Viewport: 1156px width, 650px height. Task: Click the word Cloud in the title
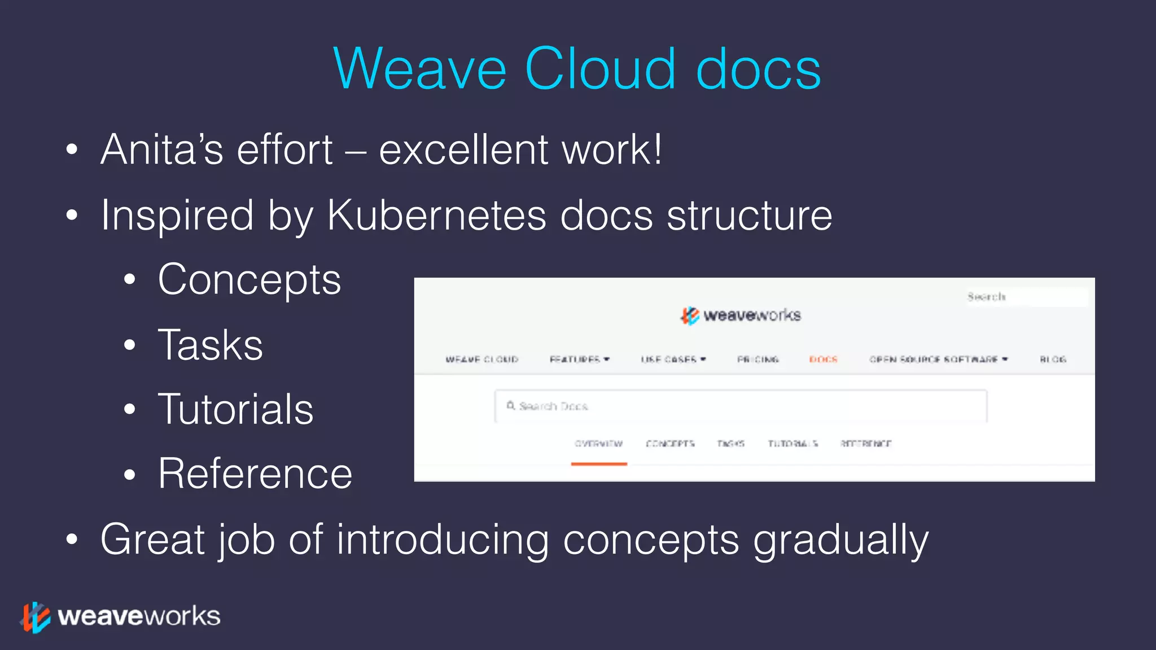click(x=599, y=69)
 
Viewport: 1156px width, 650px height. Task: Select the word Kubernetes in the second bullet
click(x=437, y=215)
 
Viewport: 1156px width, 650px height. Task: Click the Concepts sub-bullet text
click(x=249, y=279)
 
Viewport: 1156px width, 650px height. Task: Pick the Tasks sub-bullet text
click(x=211, y=345)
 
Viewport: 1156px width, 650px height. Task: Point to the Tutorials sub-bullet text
click(x=235, y=409)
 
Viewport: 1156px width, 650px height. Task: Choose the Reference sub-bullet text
click(x=255, y=473)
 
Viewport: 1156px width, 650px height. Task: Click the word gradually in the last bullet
click(x=840, y=540)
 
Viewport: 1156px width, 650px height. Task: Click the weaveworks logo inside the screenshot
click(x=740, y=315)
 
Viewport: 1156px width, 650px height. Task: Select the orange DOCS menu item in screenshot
click(x=823, y=359)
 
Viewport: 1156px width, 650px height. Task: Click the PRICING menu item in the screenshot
click(x=757, y=359)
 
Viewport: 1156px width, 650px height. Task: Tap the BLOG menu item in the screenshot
click(x=1053, y=359)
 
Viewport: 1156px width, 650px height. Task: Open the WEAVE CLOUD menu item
click(x=481, y=359)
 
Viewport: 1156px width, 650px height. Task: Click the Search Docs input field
click(x=740, y=406)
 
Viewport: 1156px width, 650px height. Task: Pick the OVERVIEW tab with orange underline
click(x=598, y=444)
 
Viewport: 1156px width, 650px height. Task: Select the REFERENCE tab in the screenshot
click(x=865, y=444)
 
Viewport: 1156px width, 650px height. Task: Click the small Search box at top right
click(x=1026, y=297)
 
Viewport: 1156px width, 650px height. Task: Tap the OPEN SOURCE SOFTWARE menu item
click(x=934, y=359)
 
